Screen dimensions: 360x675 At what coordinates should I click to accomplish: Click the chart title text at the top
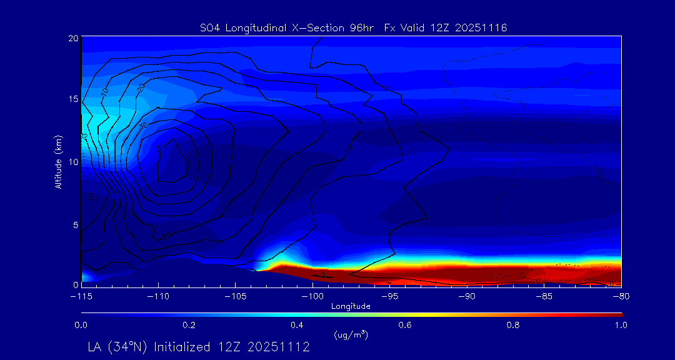click(x=353, y=27)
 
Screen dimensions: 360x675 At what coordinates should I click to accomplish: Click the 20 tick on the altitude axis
click(x=72, y=38)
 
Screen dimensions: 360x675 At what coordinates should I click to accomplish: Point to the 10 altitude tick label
click(x=72, y=162)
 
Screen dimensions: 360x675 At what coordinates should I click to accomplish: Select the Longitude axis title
click(x=351, y=306)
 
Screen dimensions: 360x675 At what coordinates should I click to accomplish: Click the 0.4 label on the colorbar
click(x=297, y=325)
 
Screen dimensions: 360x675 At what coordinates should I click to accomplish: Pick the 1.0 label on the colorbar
click(x=621, y=325)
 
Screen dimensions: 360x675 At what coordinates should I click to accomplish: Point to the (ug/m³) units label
click(x=351, y=334)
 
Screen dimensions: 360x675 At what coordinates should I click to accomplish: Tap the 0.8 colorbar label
click(x=513, y=325)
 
